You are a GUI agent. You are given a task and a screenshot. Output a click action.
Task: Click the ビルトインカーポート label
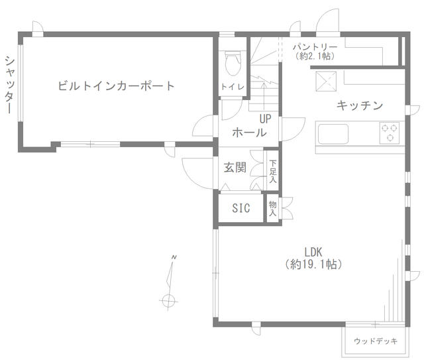coord(117,86)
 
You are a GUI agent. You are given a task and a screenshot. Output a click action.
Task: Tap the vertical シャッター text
coord(10,84)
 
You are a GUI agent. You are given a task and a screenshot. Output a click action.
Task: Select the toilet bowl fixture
coord(233,64)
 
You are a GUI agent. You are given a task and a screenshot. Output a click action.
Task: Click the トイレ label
coord(233,87)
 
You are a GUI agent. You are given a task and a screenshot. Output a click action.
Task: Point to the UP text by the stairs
coord(265,119)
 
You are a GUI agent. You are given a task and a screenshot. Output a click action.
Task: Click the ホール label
coord(249,133)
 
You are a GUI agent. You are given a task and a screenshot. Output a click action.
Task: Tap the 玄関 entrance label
coord(235,168)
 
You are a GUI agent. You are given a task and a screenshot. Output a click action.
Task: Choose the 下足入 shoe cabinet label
coord(273,171)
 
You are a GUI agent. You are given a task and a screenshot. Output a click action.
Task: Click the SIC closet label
coord(241,208)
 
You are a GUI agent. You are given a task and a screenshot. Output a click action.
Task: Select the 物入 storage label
coord(272,208)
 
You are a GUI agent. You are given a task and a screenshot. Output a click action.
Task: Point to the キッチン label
coord(360,105)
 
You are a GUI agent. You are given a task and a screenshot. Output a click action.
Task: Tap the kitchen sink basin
coord(333,134)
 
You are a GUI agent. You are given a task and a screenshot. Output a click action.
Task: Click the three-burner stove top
coord(390,133)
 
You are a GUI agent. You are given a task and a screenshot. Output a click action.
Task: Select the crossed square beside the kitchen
coord(326,81)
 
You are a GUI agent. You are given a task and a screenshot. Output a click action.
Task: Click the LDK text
coord(313,253)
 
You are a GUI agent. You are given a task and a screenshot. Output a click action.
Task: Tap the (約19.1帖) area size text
coord(313,264)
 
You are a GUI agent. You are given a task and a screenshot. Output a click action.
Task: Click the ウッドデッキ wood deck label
coord(376,341)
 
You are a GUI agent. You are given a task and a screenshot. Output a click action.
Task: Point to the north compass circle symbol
coord(169,300)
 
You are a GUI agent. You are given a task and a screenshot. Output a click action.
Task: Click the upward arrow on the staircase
coord(264,95)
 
